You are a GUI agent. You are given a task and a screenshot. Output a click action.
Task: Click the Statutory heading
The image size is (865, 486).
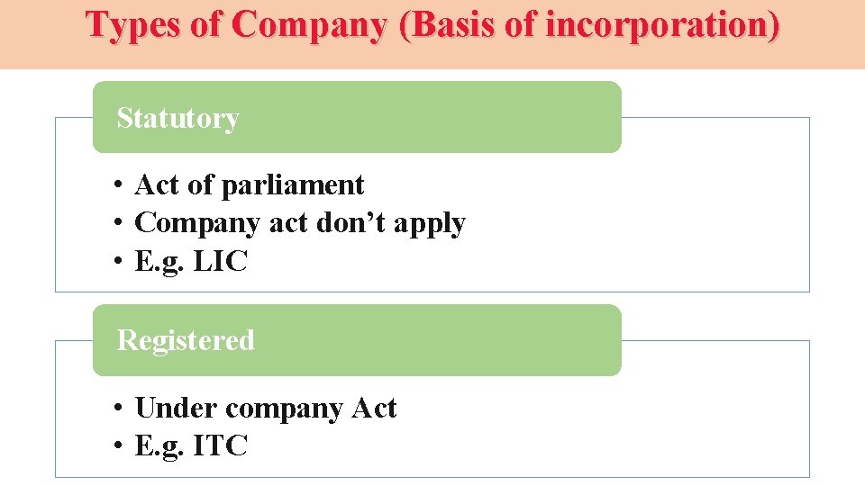coord(178,118)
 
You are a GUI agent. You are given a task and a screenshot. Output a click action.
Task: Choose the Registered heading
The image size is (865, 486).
coord(186,340)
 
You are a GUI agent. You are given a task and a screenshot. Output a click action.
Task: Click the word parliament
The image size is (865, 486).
coord(292,185)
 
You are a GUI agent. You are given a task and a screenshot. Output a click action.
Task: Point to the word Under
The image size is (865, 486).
coord(177,409)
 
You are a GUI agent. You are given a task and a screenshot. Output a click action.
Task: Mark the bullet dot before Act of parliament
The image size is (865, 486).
coord(118,185)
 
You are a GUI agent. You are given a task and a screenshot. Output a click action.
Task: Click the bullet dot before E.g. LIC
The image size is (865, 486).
coord(118,263)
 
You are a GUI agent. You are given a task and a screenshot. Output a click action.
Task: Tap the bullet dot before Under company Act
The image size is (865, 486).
coord(118,409)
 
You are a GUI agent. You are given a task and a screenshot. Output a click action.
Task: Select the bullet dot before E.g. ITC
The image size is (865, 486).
coord(118,445)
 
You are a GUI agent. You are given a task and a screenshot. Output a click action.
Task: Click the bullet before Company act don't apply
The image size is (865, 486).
coord(118,223)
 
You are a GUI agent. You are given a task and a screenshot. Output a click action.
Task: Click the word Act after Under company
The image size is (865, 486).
coord(373,409)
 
